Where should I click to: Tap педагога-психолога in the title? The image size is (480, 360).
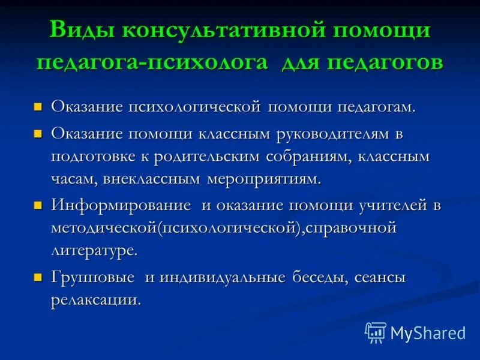[x=152, y=62]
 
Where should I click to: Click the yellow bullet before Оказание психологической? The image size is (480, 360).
[x=38, y=107]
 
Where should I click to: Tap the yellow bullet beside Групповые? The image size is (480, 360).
[x=38, y=278]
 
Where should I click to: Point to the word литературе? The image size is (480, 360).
[x=94, y=250]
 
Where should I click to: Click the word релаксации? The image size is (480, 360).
[x=96, y=300]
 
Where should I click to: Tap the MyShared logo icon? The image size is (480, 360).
[x=376, y=332]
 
